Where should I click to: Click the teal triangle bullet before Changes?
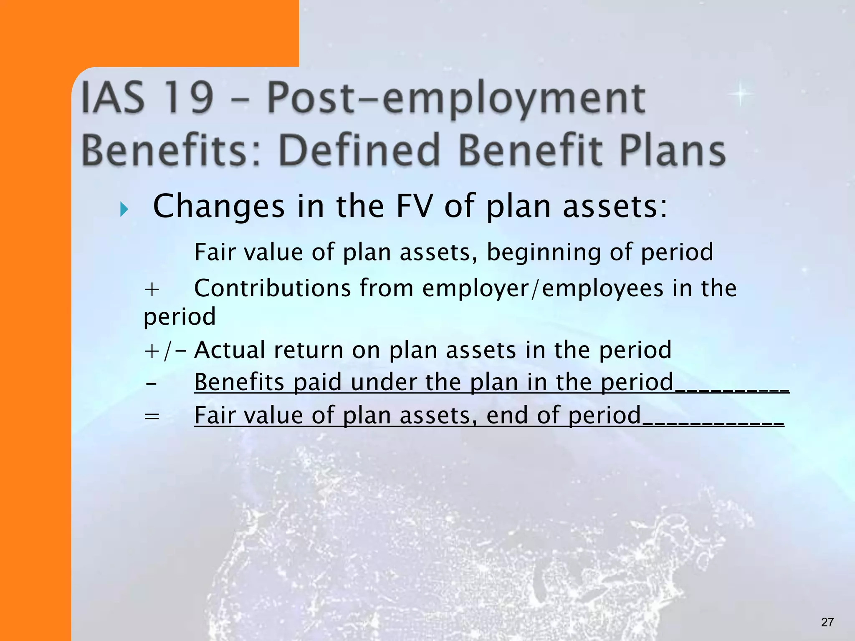pos(124,209)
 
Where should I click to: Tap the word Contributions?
pos(273,288)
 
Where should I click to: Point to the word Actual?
pos(230,350)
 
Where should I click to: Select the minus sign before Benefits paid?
pos(152,383)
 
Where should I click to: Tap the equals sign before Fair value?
pos(152,416)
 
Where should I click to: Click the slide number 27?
pos(827,622)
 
